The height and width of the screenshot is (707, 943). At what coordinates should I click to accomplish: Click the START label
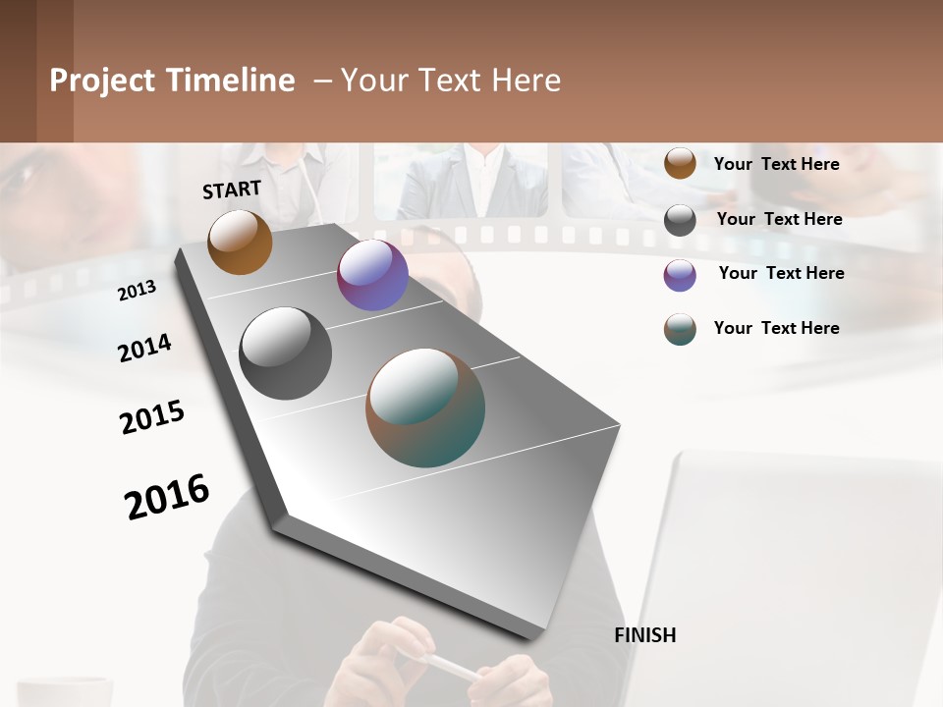(232, 190)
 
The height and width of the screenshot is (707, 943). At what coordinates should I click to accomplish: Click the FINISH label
(644, 635)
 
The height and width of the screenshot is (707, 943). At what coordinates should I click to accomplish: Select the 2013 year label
(137, 291)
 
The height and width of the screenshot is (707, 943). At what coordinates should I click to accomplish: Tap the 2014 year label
(144, 348)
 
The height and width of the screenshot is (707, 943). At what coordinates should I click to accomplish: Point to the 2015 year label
(152, 417)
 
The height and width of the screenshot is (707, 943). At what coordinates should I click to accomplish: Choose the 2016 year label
(167, 496)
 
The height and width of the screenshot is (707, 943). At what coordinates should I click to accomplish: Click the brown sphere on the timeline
(240, 242)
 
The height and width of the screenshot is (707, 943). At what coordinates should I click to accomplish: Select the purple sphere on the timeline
(372, 275)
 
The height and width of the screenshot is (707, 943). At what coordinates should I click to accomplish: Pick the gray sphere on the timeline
(285, 353)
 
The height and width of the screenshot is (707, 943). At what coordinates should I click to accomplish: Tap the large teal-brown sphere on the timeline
(425, 408)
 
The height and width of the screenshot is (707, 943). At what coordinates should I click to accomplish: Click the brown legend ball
(680, 163)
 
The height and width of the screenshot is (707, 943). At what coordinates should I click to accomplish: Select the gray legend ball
(680, 219)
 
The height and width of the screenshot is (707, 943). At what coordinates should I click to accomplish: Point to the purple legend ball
(680, 275)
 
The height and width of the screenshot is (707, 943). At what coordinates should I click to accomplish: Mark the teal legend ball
(680, 329)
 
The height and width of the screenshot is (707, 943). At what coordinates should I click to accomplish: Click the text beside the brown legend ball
(776, 164)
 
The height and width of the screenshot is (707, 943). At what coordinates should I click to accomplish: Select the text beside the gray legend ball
(779, 219)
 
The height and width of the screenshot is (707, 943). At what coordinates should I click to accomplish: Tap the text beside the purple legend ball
(781, 273)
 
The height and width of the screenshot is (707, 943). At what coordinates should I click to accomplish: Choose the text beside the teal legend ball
(776, 328)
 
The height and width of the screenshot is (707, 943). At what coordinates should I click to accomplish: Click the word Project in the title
(103, 81)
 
